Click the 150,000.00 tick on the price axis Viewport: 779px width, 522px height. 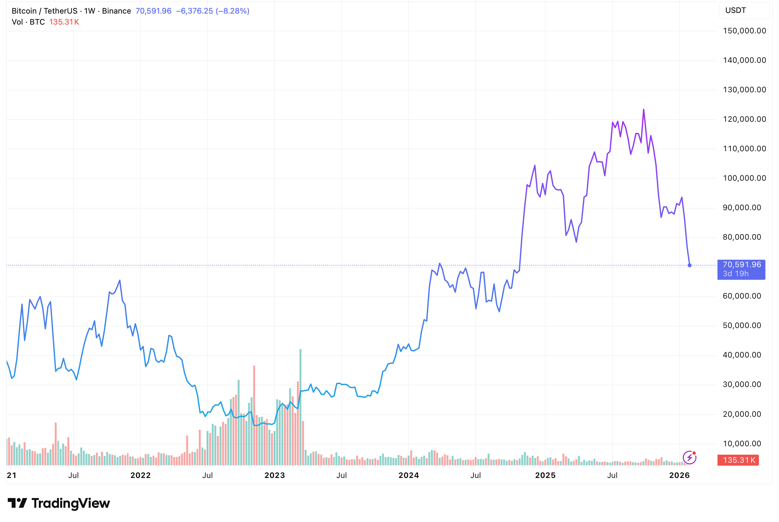[744, 31]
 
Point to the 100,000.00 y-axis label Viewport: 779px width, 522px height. [744, 178]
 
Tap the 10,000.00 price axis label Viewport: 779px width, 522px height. [742, 443]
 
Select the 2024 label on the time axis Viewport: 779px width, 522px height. [409, 475]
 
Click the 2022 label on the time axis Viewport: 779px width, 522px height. [141, 475]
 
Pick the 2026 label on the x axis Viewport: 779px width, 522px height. [679, 475]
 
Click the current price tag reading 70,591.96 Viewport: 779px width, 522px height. [742, 265]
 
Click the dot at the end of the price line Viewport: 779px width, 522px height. [690, 265]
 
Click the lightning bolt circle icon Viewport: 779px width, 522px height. [689, 458]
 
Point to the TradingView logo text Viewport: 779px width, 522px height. [71, 503]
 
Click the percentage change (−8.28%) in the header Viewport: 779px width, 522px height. [232, 11]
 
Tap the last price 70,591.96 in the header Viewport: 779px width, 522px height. [153, 11]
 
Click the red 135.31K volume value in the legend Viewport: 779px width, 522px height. [64, 22]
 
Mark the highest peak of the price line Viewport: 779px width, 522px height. [644, 109]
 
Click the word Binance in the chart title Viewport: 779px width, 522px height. [117, 11]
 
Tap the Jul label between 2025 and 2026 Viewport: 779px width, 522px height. [612, 475]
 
